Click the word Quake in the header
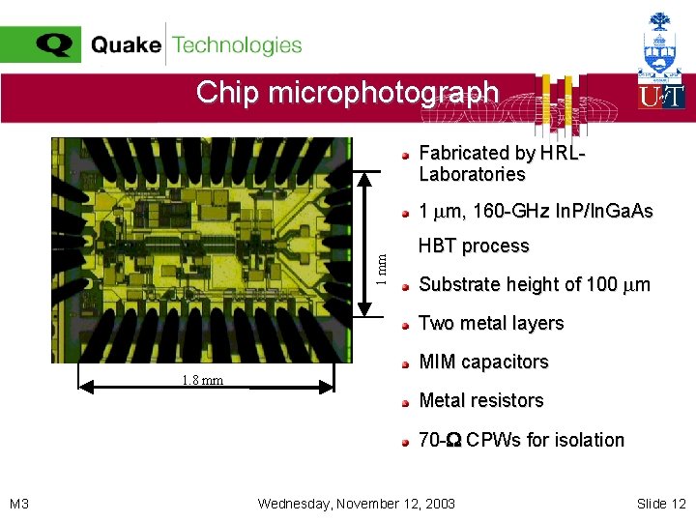[126, 45]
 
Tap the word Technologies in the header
[237, 45]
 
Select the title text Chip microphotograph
[347, 93]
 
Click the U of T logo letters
[661, 96]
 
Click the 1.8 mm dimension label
[202, 380]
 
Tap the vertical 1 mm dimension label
[383, 268]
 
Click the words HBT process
[474, 246]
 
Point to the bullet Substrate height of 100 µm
[534, 284]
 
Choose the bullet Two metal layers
[491, 323]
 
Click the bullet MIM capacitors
[483, 362]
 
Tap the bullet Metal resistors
[481, 400]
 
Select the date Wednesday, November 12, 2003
[357, 504]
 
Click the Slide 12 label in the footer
[661, 504]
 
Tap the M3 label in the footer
[19, 504]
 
